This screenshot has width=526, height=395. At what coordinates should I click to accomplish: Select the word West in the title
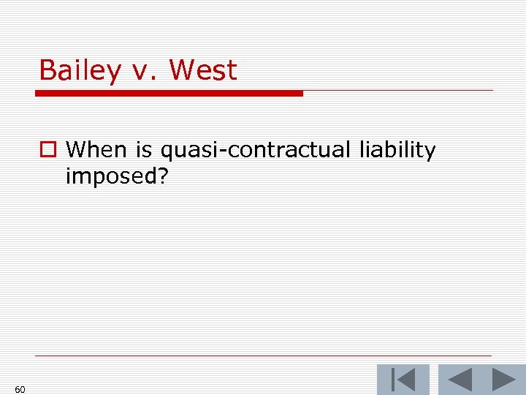[x=203, y=71]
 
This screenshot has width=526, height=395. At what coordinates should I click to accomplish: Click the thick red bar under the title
[x=169, y=94]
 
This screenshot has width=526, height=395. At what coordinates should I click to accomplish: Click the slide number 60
[x=20, y=389]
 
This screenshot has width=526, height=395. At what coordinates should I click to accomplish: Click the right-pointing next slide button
[x=504, y=380]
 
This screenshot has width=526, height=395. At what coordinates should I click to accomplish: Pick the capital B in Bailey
[x=47, y=71]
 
